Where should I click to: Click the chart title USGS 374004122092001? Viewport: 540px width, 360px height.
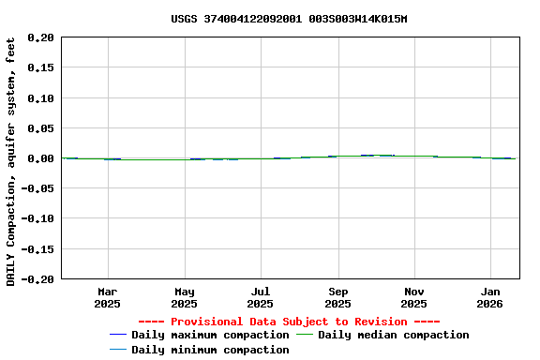(x=289, y=19)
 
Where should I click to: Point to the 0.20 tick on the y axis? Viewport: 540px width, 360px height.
(x=41, y=38)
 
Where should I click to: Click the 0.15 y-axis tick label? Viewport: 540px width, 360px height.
(x=41, y=68)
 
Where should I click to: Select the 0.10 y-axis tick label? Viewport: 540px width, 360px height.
(x=41, y=98)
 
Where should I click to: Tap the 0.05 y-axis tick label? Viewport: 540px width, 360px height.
(x=41, y=128)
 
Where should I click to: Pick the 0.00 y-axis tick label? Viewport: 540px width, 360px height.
(x=41, y=158)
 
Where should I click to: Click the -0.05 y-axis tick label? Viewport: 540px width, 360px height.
(x=38, y=188)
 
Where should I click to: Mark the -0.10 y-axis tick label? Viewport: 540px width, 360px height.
(x=38, y=218)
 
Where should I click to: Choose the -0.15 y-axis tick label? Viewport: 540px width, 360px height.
(x=38, y=248)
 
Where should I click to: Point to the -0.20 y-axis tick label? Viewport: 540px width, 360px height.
(x=38, y=278)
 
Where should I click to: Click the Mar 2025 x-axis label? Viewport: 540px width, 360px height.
(x=108, y=297)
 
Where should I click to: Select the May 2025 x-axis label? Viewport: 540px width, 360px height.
(x=185, y=297)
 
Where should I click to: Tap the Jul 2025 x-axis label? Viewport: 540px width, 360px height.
(x=261, y=297)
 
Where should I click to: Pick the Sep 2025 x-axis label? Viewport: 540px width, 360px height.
(x=337, y=297)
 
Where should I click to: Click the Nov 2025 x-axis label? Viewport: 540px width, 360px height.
(x=413, y=297)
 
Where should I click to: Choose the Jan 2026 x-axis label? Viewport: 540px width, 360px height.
(x=490, y=297)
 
